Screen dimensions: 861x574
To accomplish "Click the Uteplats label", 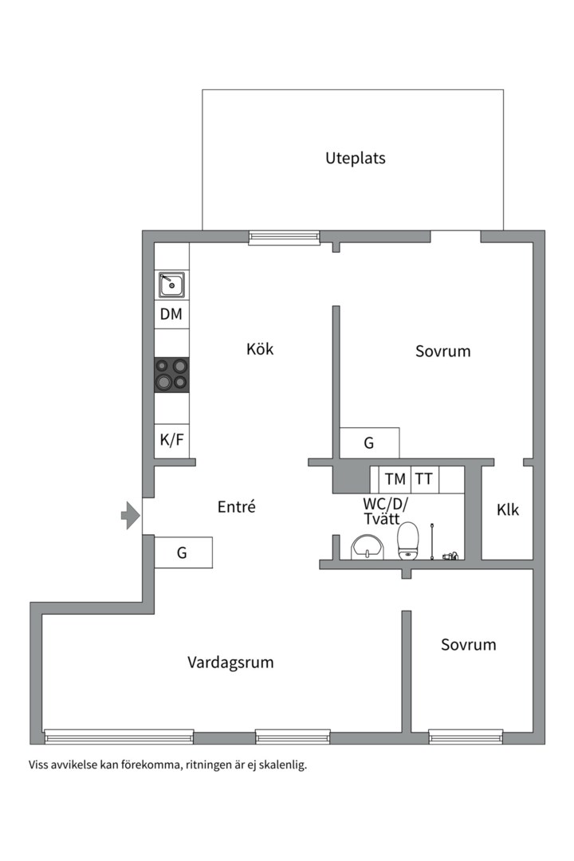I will pyautogui.click(x=355, y=158).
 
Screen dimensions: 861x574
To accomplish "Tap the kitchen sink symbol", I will pyautogui.click(x=171, y=284).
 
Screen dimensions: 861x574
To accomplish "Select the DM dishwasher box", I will pyautogui.click(x=171, y=314).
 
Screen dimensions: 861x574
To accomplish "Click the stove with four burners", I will pyautogui.click(x=171, y=374).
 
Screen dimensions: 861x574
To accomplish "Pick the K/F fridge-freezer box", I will pyautogui.click(x=171, y=439).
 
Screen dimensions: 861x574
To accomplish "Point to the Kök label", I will pyautogui.click(x=260, y=348).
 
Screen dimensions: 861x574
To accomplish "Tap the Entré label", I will pyautogui.click(x=236, y=506).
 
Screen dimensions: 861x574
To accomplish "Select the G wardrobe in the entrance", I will pyautogui.click(x=183, y=552).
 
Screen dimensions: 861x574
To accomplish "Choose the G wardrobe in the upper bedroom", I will pyautogui.click(x=369, y=443).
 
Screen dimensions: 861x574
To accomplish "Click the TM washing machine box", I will pyautogui.click(x=395, y=479).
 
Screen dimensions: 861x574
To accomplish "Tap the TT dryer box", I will pyautogui.click(x=424, y=479).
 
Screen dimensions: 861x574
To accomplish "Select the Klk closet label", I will pyautogui.click(x=508, y=509).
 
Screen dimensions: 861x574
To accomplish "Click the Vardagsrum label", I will pyautogui.click(x=231, y=662).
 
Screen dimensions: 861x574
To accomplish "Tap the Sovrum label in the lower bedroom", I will pyautogui.click(x=468, y=644).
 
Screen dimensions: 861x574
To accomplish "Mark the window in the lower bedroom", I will pyautogui.click(x=466, y=737).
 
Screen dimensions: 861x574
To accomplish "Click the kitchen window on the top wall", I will pyautogui.click(x=284, y=237).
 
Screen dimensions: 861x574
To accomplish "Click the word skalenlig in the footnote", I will pyautogui.click(x=281, y=765).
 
